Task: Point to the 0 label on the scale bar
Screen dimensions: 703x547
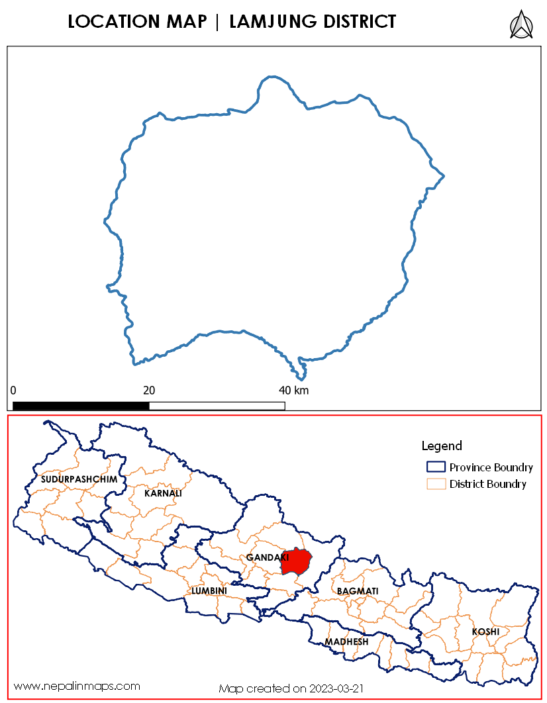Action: coord(13,390)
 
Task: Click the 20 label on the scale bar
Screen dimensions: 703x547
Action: coord(149,390)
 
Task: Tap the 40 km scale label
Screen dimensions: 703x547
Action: coord(293,390)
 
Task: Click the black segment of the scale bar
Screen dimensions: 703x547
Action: coord(81,406)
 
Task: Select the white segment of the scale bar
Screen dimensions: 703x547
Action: coord(217,406)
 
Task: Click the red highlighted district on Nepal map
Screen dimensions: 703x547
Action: coord(296,563)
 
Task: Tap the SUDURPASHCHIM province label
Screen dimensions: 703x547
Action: coord(79,479)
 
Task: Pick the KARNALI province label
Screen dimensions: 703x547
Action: coord(163,493)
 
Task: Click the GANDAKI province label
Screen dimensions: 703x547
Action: coord(263,558)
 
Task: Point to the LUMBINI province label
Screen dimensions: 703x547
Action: coord(209,590)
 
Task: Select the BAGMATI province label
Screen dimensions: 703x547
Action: coord(358,590)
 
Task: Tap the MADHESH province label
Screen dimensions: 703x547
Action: coord(346,642)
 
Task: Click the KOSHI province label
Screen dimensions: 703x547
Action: coord(485,632)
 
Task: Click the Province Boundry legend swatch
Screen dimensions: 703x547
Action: coord(435,467)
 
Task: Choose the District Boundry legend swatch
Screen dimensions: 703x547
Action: coord(435,484)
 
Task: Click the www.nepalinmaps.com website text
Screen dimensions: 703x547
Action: coord(77,686)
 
